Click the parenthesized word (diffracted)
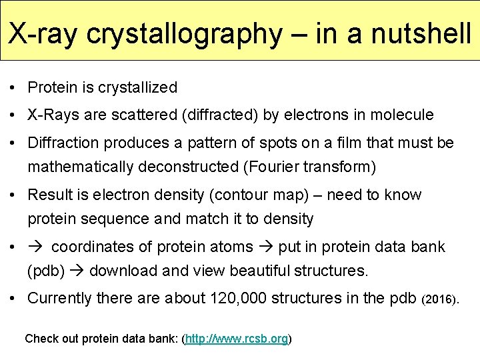click(x=220, y=115)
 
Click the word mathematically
click(x=83, y=167)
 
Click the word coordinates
click(x=102, y=247)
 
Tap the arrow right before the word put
click(x=266, y=247)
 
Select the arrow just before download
click(x=77, y=271)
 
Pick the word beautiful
click(x=269, y=271)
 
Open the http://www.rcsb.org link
click(x=237, y=339)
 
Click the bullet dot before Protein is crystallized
click(x=13, y=88)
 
